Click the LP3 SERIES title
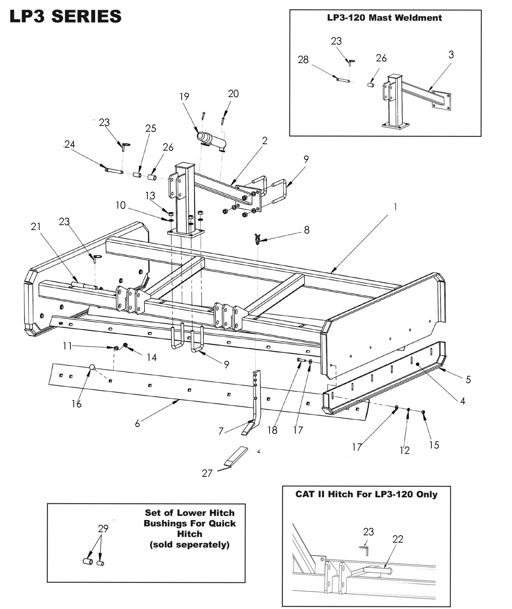point(66,16)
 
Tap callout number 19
point(184,97)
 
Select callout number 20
point(233,94)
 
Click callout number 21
point(36,226)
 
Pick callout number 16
point(77,404)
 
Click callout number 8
point(307,230)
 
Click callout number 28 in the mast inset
point(303,60)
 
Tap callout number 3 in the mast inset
point(451,54)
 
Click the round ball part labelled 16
point(92,367)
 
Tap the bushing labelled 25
point(137,175)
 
